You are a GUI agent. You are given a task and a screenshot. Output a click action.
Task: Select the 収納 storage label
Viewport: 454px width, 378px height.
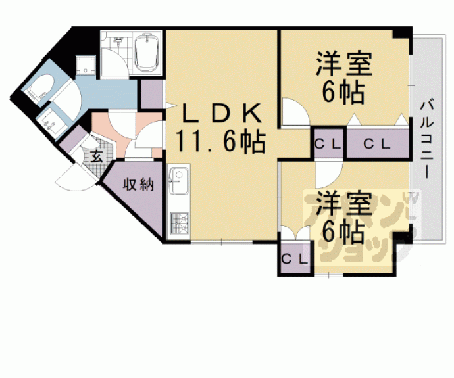138,185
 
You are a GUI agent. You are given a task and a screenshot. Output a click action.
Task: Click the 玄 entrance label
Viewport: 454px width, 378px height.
96,157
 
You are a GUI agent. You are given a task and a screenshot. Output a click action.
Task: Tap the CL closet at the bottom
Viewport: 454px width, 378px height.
295,258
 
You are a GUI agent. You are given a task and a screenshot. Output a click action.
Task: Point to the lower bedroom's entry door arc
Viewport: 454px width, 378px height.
326,174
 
